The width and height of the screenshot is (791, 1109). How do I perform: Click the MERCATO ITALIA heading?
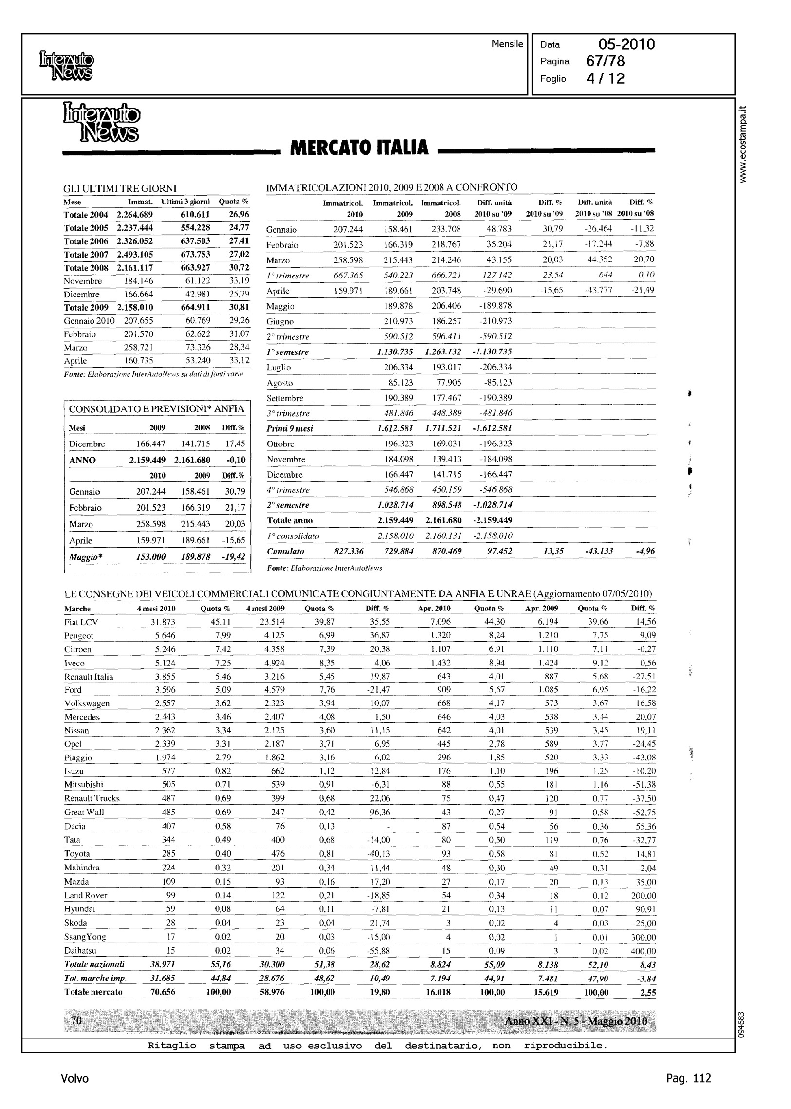359,148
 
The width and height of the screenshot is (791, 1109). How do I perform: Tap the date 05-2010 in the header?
626,45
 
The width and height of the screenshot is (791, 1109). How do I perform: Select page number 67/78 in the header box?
606,61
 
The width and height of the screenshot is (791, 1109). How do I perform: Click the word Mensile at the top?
507,44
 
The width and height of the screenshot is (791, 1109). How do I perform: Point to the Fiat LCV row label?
81,622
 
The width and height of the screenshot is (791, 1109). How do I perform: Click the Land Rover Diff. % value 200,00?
643,895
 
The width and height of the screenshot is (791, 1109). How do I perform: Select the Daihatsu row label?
80,950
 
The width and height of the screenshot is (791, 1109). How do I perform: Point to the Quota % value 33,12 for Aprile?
239,360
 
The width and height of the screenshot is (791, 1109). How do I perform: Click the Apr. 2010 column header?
434,609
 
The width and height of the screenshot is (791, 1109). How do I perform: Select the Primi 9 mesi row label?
290,428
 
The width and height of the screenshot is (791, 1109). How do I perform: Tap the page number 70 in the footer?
76,1020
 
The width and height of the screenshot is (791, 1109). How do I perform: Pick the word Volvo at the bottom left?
74,1078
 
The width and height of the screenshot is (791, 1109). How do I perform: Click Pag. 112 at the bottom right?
688,1078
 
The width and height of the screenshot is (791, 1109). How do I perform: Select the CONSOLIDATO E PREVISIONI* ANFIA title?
156,409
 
